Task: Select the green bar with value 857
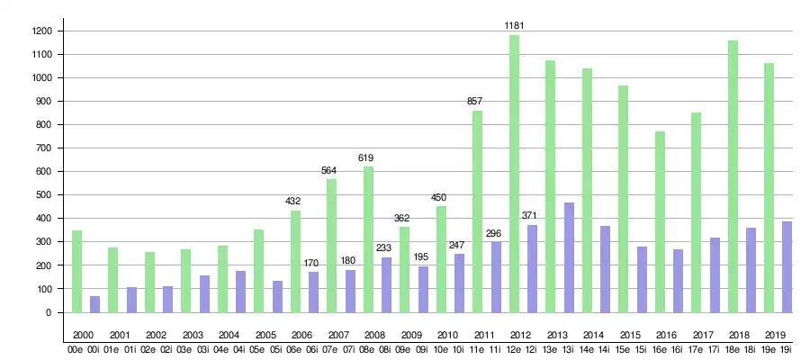click(478, 211)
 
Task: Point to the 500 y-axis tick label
click(43, 195)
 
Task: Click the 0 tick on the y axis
click(49, 312)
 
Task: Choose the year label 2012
click(519, 335)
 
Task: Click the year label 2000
click(83, 335)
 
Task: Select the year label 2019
click(774, 335)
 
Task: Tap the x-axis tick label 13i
click(569, 350)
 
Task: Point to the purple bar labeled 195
click(423, 289)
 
